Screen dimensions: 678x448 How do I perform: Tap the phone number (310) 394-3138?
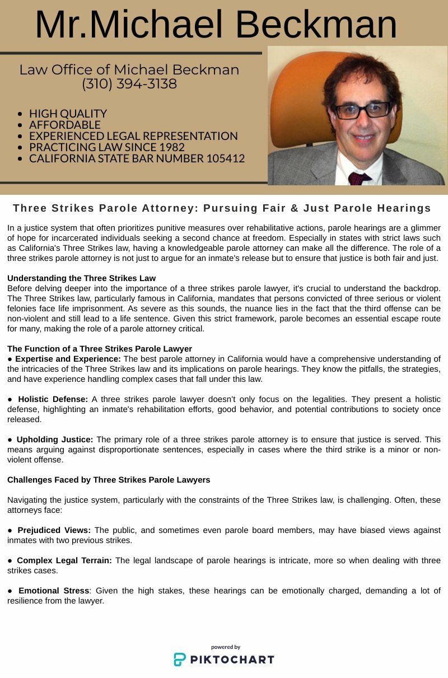129,84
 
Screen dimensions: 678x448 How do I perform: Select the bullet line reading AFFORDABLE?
65,125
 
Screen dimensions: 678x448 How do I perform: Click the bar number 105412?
225,158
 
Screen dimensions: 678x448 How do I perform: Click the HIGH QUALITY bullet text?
68,114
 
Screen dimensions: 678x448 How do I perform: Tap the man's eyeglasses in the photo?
363,110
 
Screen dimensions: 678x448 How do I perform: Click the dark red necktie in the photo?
359,179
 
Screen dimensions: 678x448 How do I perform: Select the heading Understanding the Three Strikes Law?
81,278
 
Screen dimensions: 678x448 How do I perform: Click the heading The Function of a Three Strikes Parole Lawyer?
100,349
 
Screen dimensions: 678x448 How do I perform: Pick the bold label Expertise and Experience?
68,358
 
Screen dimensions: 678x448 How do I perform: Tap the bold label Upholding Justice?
55,439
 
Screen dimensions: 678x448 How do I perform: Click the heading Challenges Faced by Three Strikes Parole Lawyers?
109,480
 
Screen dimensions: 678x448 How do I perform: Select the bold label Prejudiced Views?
54,530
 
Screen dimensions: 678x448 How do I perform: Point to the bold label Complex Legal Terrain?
64,560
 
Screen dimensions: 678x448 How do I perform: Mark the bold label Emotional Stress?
54,591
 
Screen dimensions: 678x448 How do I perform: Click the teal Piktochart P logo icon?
179,659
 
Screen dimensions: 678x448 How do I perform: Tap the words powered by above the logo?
226,647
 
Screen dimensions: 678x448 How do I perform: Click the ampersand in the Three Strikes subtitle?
293,208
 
